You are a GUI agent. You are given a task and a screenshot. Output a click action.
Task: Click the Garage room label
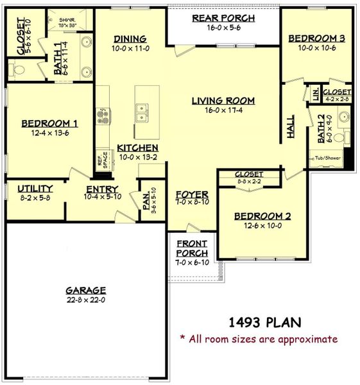click(85, 290)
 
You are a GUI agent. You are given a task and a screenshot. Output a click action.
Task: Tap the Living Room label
click(223, 101)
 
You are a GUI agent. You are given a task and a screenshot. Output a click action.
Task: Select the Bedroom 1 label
click(50, 124)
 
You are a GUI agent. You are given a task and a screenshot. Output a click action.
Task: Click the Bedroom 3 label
click(316, 39)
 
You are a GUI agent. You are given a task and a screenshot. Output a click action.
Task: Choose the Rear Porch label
click(223, 18)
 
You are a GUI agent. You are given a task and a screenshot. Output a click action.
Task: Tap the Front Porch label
click(192, 248)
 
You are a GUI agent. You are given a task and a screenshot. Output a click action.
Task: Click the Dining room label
click(130, 39)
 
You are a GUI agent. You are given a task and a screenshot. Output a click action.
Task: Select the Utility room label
click(35, 189)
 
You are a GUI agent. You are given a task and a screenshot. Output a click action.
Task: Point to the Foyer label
click(192, 194)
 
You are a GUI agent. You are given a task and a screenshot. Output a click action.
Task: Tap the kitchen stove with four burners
click(102, 116)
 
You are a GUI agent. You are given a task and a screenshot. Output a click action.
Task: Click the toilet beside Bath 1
click(19, 68)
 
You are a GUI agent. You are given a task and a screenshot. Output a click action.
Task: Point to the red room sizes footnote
click(258, 339)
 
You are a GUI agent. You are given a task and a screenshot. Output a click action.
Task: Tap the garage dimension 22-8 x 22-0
click(85, 300)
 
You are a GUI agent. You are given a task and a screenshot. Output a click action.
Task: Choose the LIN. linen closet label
click(315, 94)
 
